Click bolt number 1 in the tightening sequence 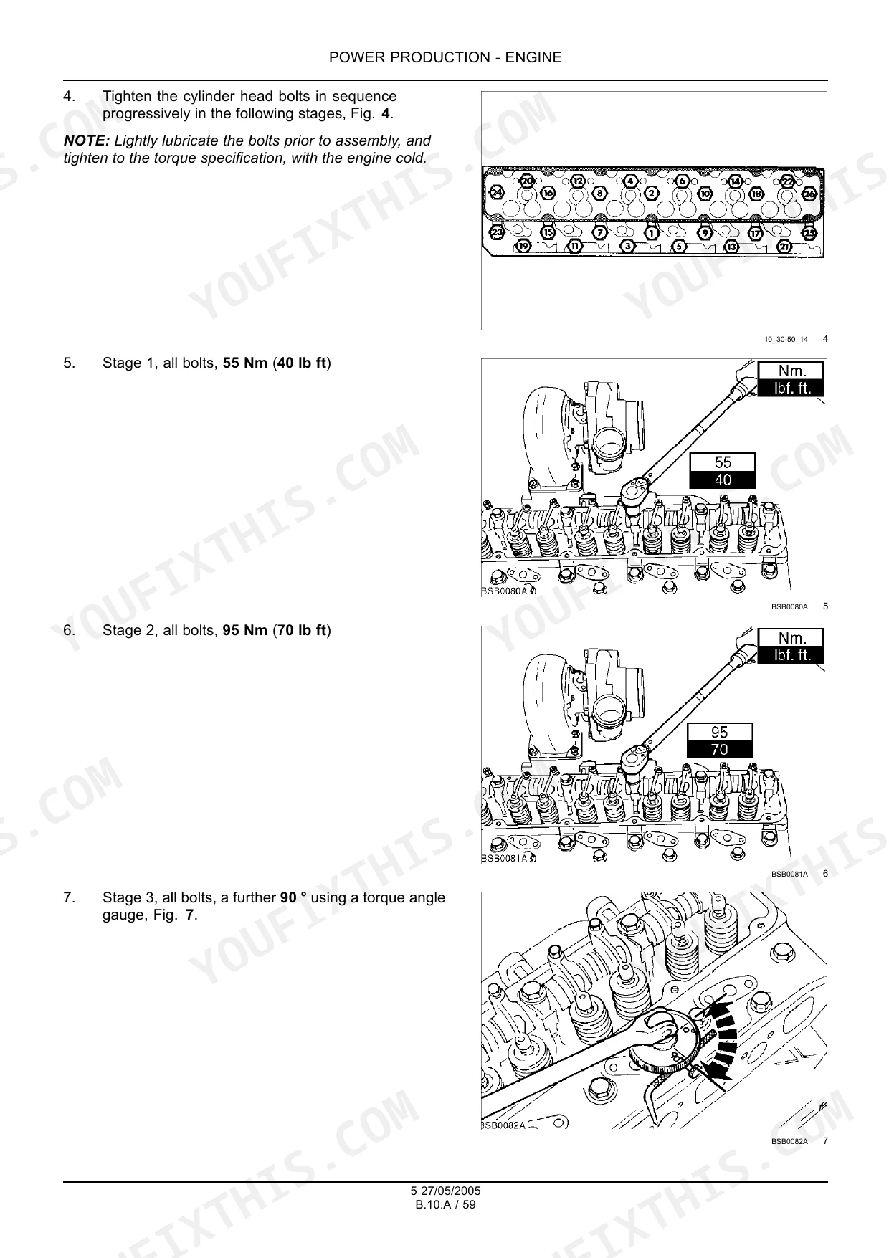pyautogui.click(x=652, y=232)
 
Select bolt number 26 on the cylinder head pyautogui.click(x=809, y=194)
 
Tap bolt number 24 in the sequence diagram pyautogui.click(x=497, y=193)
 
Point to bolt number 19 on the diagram pyautogui.click(x=524, y=247)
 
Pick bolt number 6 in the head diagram pyautogui.click(x=683, y=181)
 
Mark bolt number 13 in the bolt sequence pyautogui.click(x=732, y=247)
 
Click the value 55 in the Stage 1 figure pyautogui.click(x=723, y=463)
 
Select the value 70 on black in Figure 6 pyautogui.click(x=720, y=749)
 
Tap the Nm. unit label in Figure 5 pyautogui.click(x=791, y=371)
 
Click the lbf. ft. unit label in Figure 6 pyautogui.click(x=791, y=654)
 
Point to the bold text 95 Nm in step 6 pyautogui.click(x=245, y=631)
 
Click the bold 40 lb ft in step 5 pyautogui.click(x=302, y=363)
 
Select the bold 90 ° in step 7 pyautogui.click(x=293, y=897)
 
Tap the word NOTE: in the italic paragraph pyautogui.click(x=87, y=140)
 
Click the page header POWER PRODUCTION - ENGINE pyautogui.click(x=445, y=58)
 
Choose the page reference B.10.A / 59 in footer pyautogui.click(x=445, y=1204)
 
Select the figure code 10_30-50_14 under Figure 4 pyautogui.click(x=786, y=339)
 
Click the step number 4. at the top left pyautogui.click(x=69, y=96)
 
